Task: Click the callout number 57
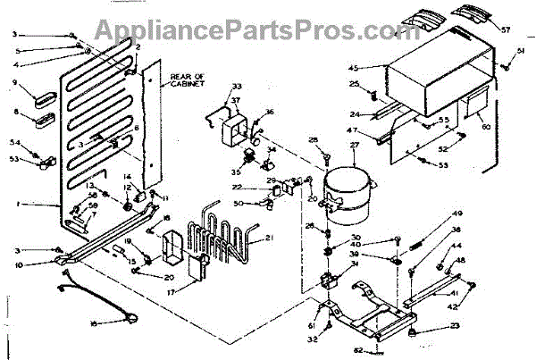(506, 29)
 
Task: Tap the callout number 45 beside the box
(353, 69)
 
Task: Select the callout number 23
(454, 326)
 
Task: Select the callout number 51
(521, 54)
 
